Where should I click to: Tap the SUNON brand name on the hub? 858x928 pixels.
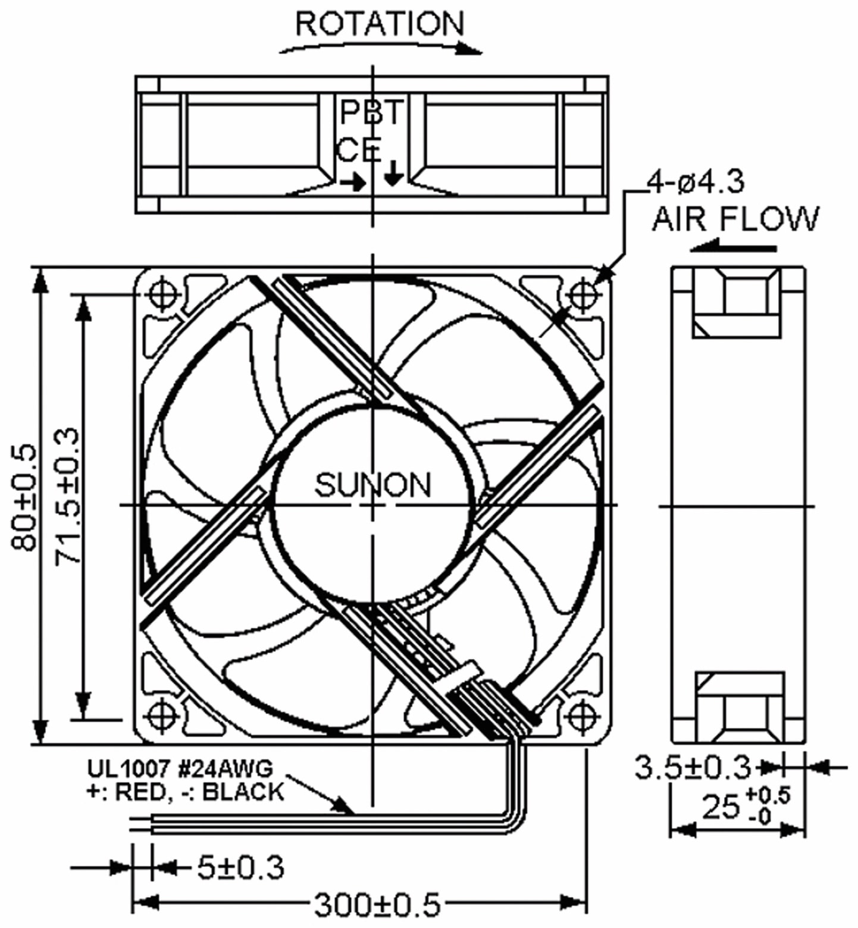coord(372,485)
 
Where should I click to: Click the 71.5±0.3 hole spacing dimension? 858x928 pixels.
coord(67,497)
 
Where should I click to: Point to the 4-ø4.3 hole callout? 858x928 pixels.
coord(695,182)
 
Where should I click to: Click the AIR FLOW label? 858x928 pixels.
coord(735,219)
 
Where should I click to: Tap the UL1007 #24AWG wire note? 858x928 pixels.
coord(180,769)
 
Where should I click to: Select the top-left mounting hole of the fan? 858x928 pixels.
coord(162,294)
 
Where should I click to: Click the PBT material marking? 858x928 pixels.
coord(371,112)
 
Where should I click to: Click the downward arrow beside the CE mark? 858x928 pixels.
coord(393,173)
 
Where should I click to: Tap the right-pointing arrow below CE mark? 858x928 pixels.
coord(355,183)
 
